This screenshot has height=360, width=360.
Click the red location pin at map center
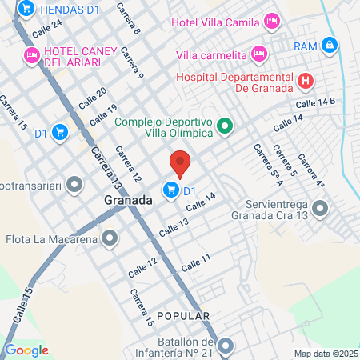pos(180,162)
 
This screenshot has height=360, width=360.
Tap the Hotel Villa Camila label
pos(216,21)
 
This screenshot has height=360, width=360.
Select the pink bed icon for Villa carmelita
pos(258,54)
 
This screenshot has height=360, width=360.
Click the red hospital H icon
pos(305,80)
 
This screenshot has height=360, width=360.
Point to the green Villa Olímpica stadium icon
pos(226,126)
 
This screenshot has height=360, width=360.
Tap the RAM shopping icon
pos(329,46)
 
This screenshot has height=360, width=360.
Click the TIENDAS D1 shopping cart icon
pos(25,8)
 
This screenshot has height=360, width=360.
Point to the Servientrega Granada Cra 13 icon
pos(320,209)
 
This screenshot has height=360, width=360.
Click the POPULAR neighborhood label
pos(183,316)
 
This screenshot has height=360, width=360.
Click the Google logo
pos(26,350)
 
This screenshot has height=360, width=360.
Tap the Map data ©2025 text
pos(326,354)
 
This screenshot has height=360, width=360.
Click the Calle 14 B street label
pos(315,103)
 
